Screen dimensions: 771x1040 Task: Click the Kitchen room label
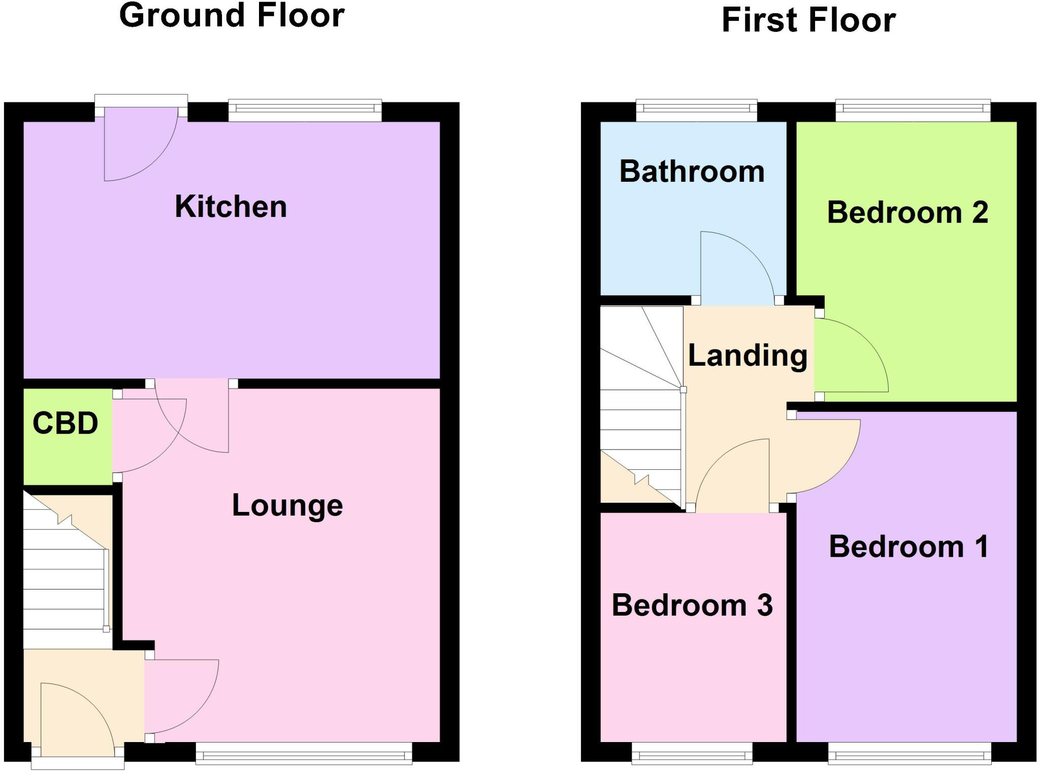tap(231, 207)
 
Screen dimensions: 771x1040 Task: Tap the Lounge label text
tap(287, 505)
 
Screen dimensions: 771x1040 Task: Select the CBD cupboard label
tap(66, 423)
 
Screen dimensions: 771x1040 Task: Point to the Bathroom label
tap(692, 171)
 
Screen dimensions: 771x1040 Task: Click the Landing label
tap(747, 355)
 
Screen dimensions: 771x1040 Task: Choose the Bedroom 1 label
tap(908, 547)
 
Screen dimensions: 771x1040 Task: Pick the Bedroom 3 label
tap(692, 605)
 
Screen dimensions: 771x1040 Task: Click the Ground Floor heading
tap(232, 15)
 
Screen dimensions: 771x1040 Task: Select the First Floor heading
tap(808, 20)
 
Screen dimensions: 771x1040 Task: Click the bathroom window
tap(696, 111)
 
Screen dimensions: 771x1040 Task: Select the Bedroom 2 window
tap(913, 111)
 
